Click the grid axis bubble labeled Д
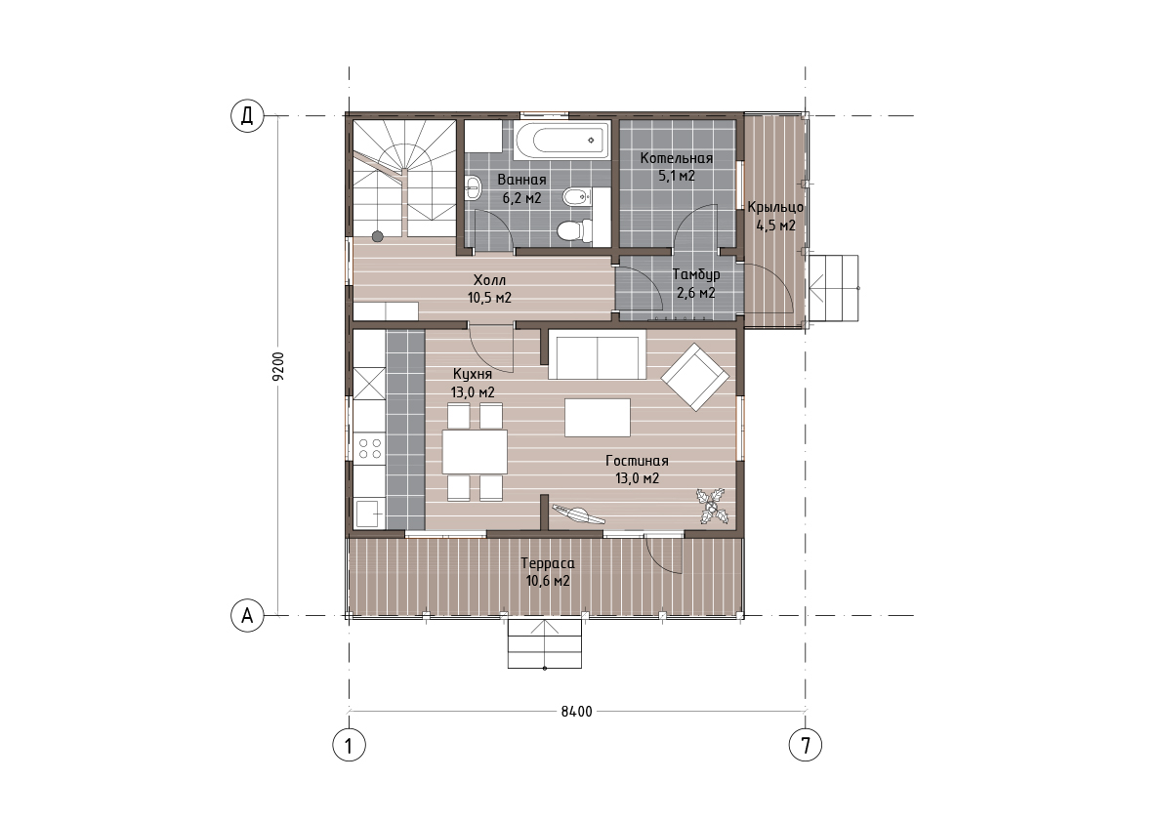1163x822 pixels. click(x=247, y=116)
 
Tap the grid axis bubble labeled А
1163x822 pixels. click(x=247, y=615)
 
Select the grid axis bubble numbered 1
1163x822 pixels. click(x=349, y=745)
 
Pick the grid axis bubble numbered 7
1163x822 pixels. click(x=806, y=745)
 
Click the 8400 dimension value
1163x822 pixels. click(x=576, y=712)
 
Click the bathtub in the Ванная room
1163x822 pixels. click(x=561, y=140)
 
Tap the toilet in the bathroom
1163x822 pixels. click(x=575, y=230)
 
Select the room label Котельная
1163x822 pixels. click(x=677, y=158)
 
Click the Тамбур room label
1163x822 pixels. click(x=695, y=274)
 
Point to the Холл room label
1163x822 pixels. click(x=489, y=280)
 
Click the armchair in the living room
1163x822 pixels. click(x=695, y=377)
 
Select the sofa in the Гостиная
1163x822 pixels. click(x=597, y=354)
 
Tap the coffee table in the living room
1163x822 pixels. click(x=597, y=418)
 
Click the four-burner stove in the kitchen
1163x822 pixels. click(x=369, y=447)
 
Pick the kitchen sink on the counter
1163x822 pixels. click(x=369, y=513)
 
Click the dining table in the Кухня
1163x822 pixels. click(x=475, y=451)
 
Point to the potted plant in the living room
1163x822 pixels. click(x=711, y=507)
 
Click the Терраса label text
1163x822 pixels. click(x=548, y=563)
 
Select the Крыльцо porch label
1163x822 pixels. click(x=775, y=207)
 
